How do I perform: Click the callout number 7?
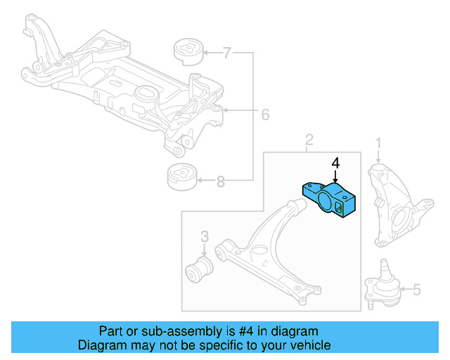coord(227,52)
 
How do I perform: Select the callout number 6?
coord(265,114)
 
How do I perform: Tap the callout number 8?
coord(221,182)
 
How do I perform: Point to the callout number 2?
coord(309,143)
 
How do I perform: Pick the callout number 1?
coord(378,143)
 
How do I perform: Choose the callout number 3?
coord(204,236)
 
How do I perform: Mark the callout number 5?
coord(416,289)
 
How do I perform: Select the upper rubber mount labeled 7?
coord(188,53)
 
